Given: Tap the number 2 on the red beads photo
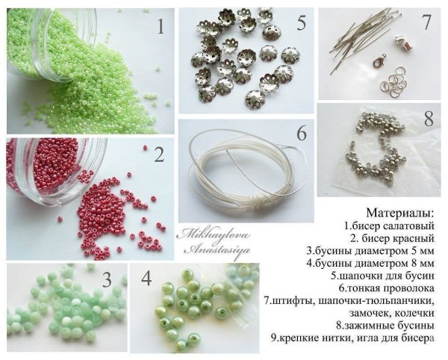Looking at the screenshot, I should [x=158, y=155].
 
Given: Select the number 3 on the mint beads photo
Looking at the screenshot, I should [x=107, y=280].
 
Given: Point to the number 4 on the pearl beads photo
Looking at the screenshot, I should [x=146, y=282].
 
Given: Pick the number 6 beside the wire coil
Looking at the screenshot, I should [x=301, y=134].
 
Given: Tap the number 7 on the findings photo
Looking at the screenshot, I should [x=426, y=22].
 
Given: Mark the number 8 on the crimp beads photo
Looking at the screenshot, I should [x=428, y=119].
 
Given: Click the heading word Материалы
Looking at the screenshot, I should [x=404, y=211].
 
